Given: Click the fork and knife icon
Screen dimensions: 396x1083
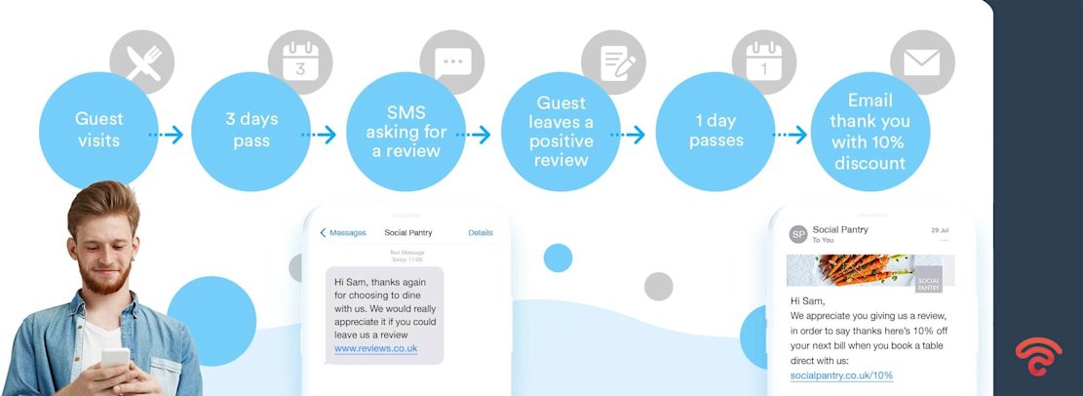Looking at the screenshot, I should [x=142, y=62].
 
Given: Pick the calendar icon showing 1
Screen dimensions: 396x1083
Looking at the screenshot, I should [x=764, y=61].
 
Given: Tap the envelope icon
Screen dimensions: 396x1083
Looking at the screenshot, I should [x=921, y=62].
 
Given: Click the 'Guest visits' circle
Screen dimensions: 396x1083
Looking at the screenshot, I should [x=98, y=131].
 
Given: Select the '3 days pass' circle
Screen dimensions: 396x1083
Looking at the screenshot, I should [x=251, y=131].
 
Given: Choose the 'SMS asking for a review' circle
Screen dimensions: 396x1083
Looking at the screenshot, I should [x=406, y=131].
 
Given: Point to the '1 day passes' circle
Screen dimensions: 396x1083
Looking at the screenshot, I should [x=716, y=131].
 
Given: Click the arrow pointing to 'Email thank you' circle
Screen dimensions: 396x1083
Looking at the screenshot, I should [x=790, y=135].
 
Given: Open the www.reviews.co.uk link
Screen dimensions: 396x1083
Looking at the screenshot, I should [x=376, y=348].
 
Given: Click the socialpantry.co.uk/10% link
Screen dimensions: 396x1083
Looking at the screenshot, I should [x=841, y=376].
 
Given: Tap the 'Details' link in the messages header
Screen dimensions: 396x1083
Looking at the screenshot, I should [x=481, y=233].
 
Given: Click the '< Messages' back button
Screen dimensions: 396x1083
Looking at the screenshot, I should [x=343, y=233].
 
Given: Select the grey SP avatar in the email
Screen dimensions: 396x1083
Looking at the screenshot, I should [x=797, y=234].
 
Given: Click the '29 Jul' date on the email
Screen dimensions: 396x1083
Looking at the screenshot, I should [x=940, y=229].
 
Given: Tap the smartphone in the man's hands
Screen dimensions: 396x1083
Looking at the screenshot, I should [x=115, y=361].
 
